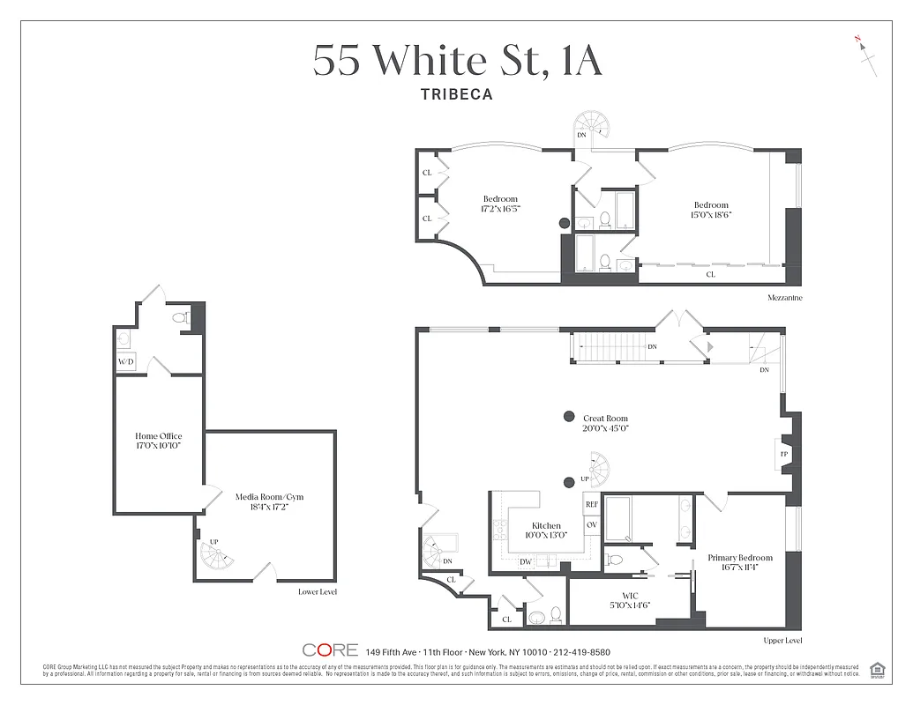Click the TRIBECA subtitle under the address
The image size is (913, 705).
(456, 93)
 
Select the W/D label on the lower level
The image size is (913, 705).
(125, 362)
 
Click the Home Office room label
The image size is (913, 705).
(159, 436)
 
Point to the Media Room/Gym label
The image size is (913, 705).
(269, 497)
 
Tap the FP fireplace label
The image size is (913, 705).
(782, 454)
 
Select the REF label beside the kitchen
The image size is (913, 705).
(592, 506)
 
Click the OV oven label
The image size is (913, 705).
(592, 525)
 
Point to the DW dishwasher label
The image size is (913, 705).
(525, 561)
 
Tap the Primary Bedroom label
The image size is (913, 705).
(740, 558)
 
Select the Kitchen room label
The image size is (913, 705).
(546, 526)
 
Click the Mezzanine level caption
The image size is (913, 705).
(784, 299)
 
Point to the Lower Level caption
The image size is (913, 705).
(318, 592)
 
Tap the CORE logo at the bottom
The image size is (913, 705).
(330, 650)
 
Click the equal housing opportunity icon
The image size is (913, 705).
(877, 669)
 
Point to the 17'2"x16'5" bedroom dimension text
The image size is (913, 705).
(500, 210)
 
